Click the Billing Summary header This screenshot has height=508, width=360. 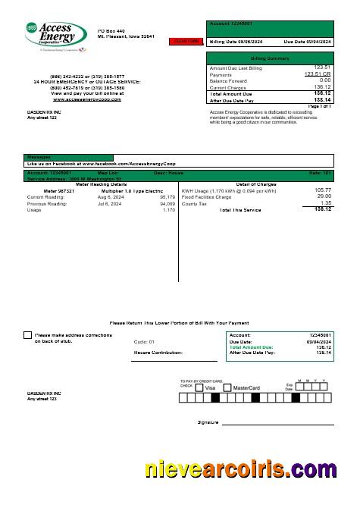(x=270, y=58)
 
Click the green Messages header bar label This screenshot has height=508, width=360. (x=39, y=157)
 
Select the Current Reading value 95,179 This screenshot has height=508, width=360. (x=167, y=196)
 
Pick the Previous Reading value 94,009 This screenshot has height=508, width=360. (x=167, y=203)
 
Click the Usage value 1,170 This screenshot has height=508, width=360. (x=168, y=210)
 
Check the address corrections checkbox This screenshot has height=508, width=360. (x=28, y=334)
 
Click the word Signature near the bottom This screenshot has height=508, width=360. (x=208, y=422)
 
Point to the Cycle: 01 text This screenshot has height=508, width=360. (x=144, y=342)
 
